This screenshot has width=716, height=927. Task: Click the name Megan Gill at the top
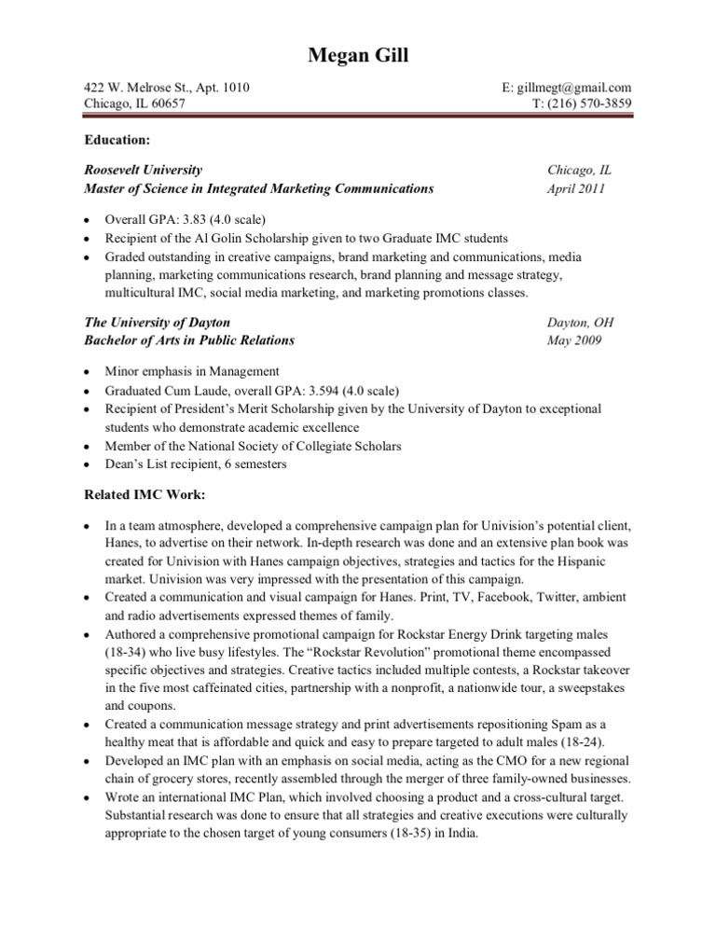click(x=358, y=56)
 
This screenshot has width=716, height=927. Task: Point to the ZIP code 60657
click(x=164, y=104)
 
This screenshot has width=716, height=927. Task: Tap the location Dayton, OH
click(x=580, y=322)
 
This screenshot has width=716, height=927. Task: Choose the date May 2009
click(x=574, y=339)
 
